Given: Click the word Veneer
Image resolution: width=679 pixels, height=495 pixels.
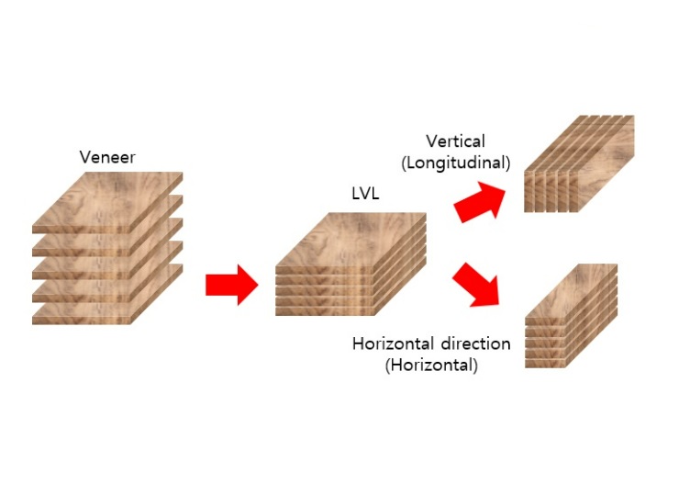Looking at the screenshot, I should pos(107,157).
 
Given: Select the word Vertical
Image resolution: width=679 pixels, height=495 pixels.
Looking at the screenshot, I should pos(455,141).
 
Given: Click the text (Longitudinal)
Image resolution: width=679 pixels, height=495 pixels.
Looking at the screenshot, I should pos(455,163).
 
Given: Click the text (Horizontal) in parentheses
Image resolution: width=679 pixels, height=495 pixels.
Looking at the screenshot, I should pos(431,365).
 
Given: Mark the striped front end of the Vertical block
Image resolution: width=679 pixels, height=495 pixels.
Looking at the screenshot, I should pos(550,194).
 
